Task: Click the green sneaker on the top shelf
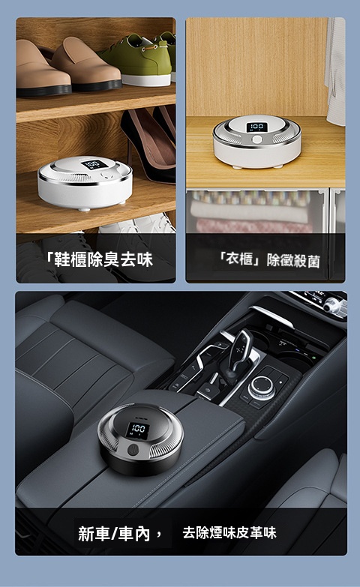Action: pyautogui.click(x=136, y=60)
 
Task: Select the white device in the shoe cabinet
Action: pyautogui.click(x=85, y=182)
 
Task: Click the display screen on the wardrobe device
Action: pyautogui.click(x=257, y=127)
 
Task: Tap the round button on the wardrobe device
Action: pyautogui.click(x=257, y=139)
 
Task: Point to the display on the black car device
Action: pyautogui.click(x=138, y=430)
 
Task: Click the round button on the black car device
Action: pyautogui.click(x=133, y=450)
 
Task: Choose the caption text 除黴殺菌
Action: pyautogui.click(x=293, y=261)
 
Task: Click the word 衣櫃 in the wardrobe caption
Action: pyautogui.click(x=241, y=259)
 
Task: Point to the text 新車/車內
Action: pyautogui.click(x=114, y=533)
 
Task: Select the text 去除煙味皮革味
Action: pyautogui.click(x=229, y=532)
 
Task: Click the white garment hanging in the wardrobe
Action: pyautogui.click(x=335, y=71)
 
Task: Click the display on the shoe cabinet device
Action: pyautogui.click(x=93, y=164)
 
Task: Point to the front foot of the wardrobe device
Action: pyautogui.click(x=237, y=166)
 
